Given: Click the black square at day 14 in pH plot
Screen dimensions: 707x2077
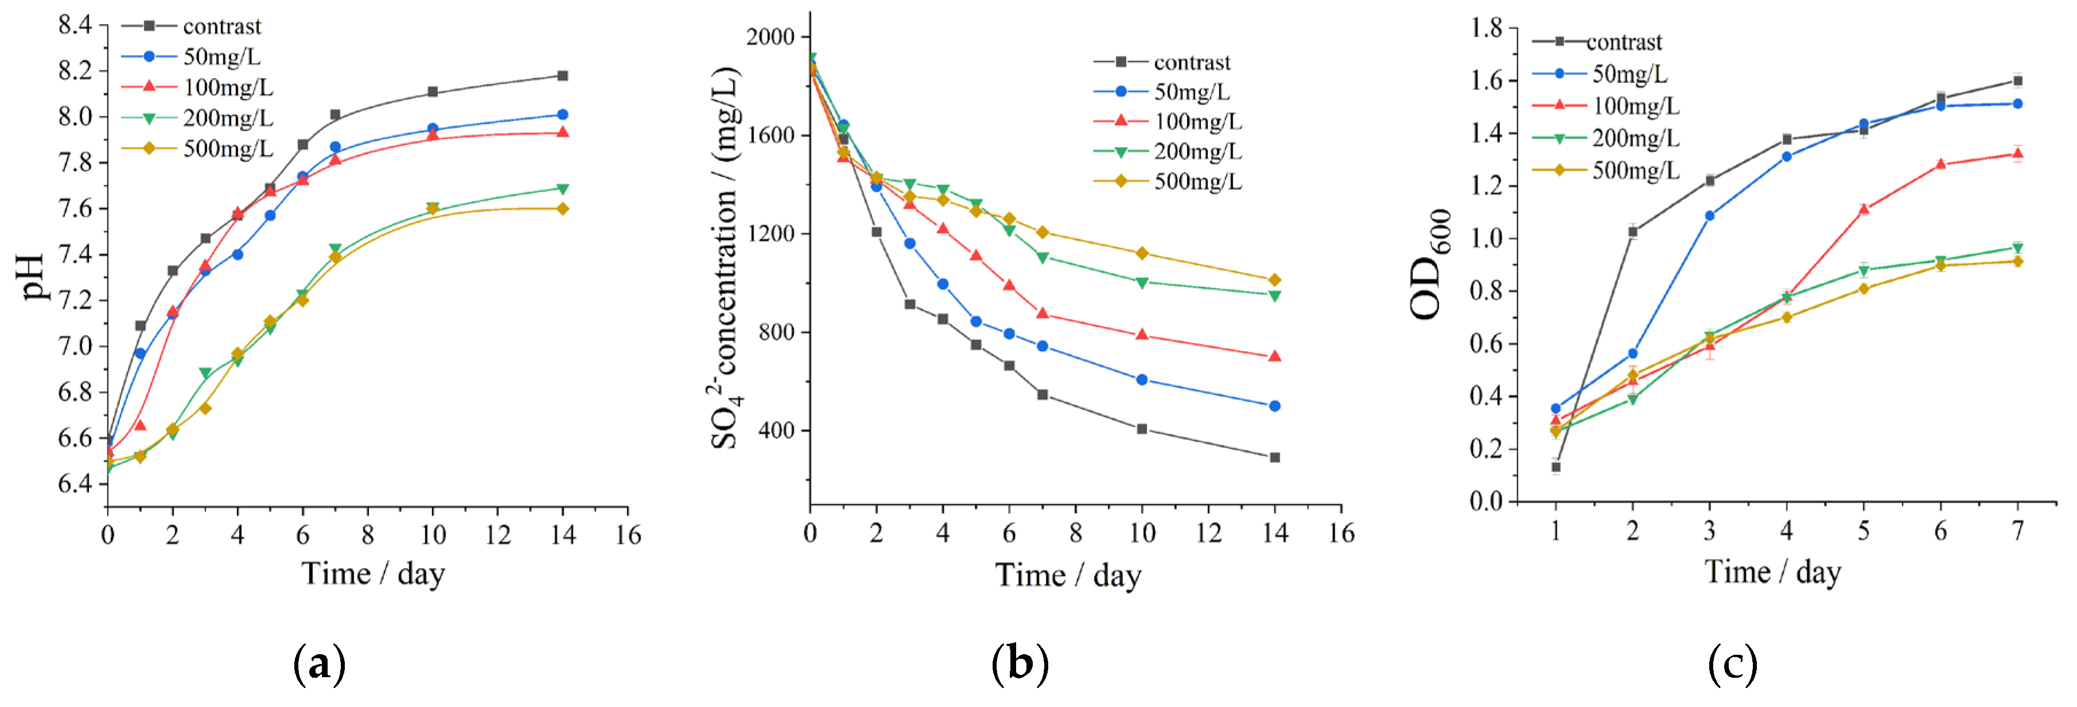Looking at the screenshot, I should point(563,76).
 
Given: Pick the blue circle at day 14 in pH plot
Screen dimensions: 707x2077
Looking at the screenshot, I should point(563,114).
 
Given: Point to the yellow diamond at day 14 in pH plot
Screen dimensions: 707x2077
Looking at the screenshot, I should point(563,209).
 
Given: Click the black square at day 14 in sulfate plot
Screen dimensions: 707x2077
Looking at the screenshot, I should point(1275,457).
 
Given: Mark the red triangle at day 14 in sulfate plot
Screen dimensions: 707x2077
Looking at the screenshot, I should point(1275,356).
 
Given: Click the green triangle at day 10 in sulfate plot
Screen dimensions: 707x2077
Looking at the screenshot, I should point(1142,282).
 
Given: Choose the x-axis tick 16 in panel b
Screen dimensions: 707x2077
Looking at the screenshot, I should point(1341,533).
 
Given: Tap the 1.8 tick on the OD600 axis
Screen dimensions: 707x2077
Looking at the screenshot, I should point(1487,28).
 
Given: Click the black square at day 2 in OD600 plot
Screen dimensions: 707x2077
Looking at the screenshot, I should point(1633,231).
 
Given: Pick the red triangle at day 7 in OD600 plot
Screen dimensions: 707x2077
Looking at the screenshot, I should point(2017,153).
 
